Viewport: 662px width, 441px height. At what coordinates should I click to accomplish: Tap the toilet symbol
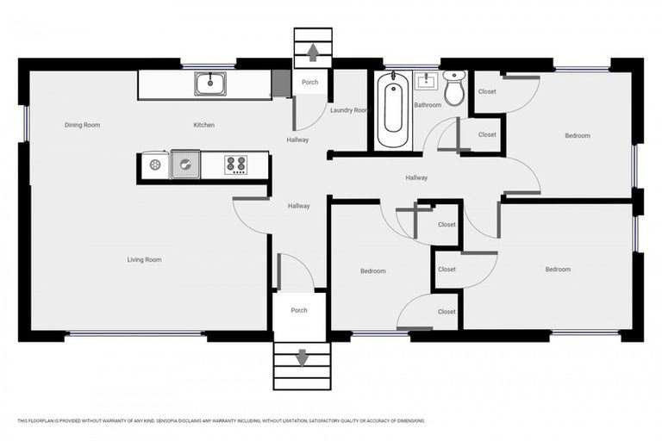(x=453, y=87)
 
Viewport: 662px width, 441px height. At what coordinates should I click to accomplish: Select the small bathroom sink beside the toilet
(x=427, y=82)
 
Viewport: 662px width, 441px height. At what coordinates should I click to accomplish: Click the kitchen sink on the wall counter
(x=209, y=84)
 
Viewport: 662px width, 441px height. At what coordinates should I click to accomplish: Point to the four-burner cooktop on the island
(x=235, y=164)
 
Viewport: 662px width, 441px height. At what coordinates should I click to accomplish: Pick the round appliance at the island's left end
(x=155, y=164)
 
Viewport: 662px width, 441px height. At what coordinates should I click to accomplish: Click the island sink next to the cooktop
(x=184, y=164)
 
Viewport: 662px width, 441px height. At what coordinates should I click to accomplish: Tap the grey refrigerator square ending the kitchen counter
(x=280, y=84)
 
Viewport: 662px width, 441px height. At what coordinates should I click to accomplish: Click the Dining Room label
(x=82, y=125)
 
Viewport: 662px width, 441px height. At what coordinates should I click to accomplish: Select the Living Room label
(x=144, y=259)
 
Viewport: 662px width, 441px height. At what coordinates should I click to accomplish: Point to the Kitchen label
(x=203, y=125)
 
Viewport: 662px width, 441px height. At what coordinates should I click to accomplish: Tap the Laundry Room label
(x=348, y=110)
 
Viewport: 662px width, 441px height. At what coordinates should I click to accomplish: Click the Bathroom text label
(x=428, y=105)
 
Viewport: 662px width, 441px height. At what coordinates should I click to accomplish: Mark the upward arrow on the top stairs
(x=312, y=53)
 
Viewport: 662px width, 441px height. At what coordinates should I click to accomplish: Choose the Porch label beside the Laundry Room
(x=309, y=83)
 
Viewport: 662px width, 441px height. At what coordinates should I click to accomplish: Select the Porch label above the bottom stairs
(x=298, y=310)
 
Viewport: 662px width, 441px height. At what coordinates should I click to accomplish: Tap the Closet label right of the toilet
(x=487, y=91)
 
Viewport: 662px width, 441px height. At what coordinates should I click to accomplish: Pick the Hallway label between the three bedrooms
(x=416, y=177)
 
